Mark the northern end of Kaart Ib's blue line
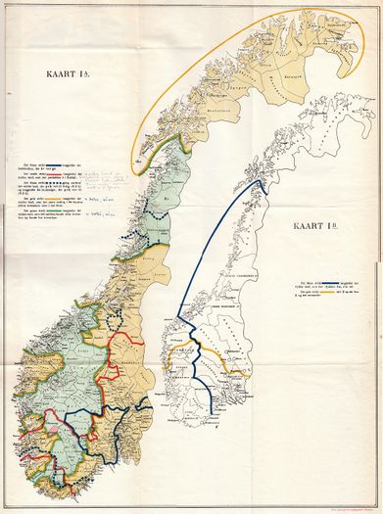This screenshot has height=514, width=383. click(260, 181)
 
